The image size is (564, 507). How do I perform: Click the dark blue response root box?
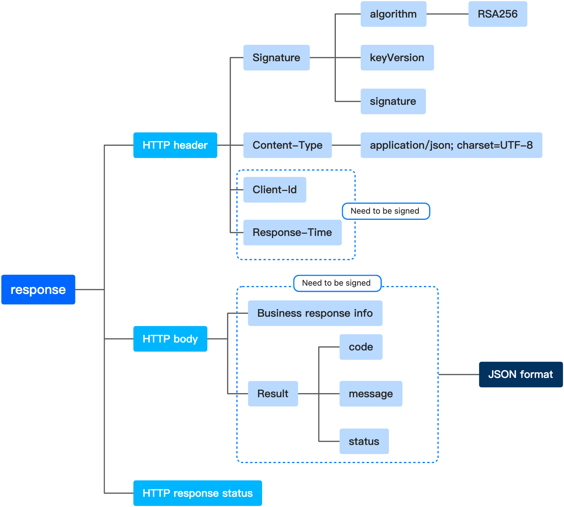coord(38,290)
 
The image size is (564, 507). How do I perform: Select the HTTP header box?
coord(175,145)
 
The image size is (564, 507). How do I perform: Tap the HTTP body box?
coord(170,339)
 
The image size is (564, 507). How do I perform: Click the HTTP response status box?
coord(197,493)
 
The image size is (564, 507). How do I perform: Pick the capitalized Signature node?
coord(276,58)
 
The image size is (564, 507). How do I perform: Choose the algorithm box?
coord(393,14)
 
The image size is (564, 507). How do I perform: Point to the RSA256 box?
coord(497,14)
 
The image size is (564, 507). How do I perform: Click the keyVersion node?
coord(397,58)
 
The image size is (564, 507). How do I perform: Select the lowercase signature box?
coord(393,101)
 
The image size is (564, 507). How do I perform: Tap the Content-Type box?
coord(287,145)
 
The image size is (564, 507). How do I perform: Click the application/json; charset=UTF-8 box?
coord(451,145)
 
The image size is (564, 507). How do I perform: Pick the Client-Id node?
coord(274,190)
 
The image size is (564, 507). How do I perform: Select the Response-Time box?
coord(292,232)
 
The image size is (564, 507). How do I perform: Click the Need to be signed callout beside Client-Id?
coord(386,211)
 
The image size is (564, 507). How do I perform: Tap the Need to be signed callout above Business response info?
coord(337,283)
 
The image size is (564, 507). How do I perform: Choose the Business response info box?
coord(315,313)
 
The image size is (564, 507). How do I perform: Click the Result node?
coord(273,394)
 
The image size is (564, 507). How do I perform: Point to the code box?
coord(361,347)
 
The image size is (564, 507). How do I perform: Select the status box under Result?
coord(364,441)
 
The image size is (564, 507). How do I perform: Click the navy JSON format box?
coord(520,374)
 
